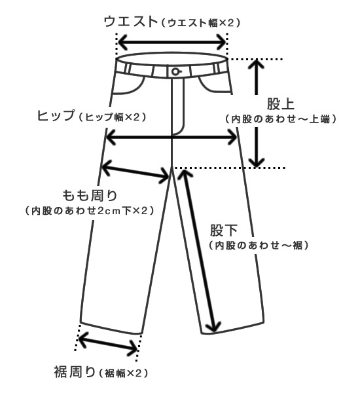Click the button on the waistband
pos(176,71)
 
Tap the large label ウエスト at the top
pos(130,22)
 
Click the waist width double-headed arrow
pos(172,42)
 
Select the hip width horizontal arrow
pos(171,137)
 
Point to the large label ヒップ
pos(56,116)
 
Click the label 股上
pos(280,103)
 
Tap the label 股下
pos(224,230)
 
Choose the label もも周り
pos(90,195)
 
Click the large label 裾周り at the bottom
pos(75,371)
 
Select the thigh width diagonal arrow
pos(135,172)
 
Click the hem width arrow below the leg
pos(108,343)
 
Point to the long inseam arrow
pos(198,250)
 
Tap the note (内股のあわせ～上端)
pos(281,119)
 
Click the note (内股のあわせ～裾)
pos(259,245)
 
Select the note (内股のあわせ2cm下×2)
pos(90,211)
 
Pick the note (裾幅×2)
pos(123,373)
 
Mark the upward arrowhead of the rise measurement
pos(256,64)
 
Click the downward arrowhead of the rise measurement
pos(256,162)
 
